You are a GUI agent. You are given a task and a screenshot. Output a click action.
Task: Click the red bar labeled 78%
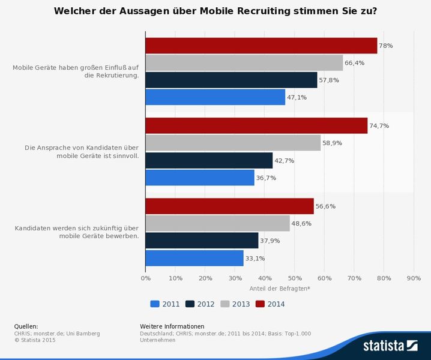(261, 46)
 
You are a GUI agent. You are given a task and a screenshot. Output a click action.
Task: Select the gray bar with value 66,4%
(244, 63)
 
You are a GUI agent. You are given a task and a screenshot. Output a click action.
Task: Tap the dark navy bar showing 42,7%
(209, 160)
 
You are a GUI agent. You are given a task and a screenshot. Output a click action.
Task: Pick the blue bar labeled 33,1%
(194, 258)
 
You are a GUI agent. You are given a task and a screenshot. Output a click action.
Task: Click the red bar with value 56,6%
(229, 206)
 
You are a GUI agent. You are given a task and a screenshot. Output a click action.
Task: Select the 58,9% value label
(333, 143)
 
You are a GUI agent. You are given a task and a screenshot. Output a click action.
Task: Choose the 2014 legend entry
(270, 304)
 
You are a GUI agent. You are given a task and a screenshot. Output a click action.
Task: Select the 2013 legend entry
(235, 304)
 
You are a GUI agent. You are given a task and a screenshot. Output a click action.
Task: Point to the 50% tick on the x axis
(294, 278)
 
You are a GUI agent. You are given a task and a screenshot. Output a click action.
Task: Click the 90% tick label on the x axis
(414, 278)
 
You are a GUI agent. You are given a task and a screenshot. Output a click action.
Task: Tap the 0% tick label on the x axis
(145, 278)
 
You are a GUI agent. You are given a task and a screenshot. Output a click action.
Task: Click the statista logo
(390, 345)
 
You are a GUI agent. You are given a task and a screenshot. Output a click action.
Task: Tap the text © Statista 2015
(35, 340)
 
